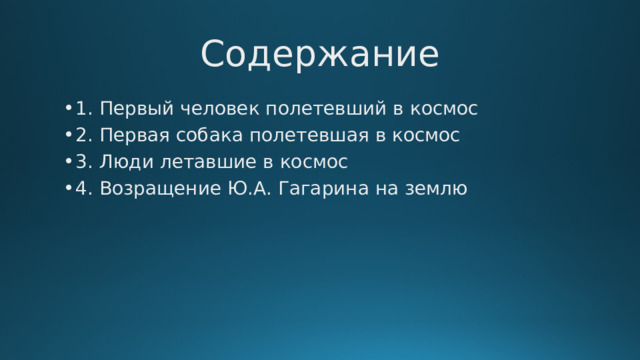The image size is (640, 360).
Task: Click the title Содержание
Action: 319,54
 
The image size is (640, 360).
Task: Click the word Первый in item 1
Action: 130,108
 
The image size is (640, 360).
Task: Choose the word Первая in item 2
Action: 130,135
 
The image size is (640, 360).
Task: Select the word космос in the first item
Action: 443,108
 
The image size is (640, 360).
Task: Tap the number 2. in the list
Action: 82,135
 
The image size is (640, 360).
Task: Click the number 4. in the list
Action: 82,188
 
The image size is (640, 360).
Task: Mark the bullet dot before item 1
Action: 65,109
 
